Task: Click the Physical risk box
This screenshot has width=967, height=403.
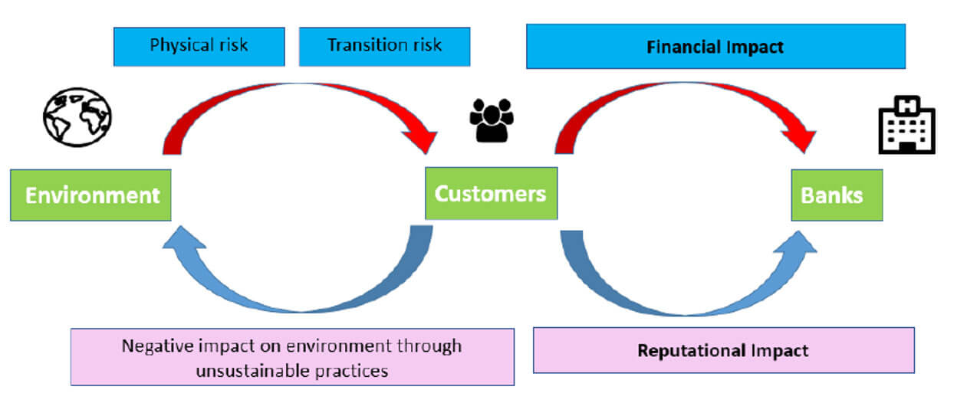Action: point(199,47)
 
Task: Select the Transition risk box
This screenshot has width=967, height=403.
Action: point(384,47)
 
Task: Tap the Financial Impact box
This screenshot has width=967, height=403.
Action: point(715,46)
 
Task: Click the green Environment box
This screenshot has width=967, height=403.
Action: point(90,195)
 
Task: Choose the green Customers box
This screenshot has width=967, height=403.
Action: point(492,193)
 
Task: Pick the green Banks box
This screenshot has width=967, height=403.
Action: point(837,195)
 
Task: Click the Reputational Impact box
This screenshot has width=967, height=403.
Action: point(724,350)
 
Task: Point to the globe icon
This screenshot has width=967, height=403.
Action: point(77,117)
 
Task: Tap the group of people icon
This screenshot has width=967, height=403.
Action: point(492,120)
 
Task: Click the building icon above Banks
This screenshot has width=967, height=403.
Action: point(907,125)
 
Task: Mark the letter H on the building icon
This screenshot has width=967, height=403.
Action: point(907,106)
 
